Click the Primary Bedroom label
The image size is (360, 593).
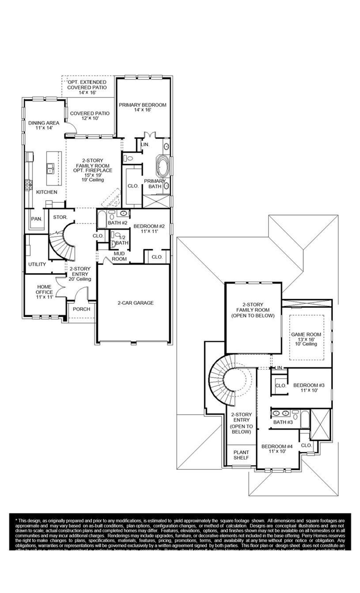pyautogui.click(x=142, y=107)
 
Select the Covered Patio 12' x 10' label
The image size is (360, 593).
pyautogui.click(x=90, y=116)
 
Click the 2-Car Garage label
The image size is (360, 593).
pyautogui.click(x=136, y=303)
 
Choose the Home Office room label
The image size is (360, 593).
pyautogui.click(x=44, y=291)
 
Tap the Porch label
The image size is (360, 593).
pyautogui.click(x=82, y=309)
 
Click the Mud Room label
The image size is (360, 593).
pyautogui.click(x=119, y=256)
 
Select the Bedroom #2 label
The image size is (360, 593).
pyautogui.click(x=149, y=228)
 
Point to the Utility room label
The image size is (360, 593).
pyautogui.click(x=37, y=264)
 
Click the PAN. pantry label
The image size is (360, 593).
pyautogui.click(x=36, y=219)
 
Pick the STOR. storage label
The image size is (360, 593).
pyautogui.click(x=60, y=217)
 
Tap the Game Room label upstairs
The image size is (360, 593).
pyautogui.click(x=306, y=339)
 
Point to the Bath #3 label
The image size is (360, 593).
pyautogui.click(x=283, y=422)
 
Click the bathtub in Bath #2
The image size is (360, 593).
pyautogui.click(x=102, y=219)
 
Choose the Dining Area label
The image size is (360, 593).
pyautogui.click(x=44, y=125)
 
